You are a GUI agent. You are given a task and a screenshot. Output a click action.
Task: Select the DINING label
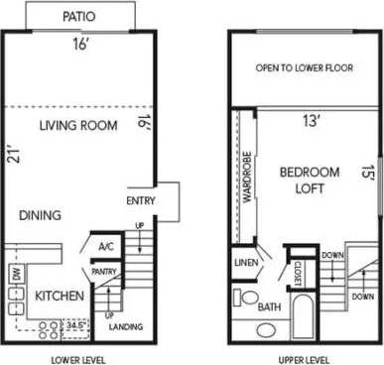(39, 215)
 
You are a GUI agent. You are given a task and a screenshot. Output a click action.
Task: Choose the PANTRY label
(104, 271)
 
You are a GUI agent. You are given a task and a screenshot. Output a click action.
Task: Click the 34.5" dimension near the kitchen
(74, 323)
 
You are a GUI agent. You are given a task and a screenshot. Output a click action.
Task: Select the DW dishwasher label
(16, 274)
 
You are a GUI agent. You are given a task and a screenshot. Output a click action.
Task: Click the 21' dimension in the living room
(12, 153)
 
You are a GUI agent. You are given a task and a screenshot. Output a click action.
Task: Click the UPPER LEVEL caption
(304, 358)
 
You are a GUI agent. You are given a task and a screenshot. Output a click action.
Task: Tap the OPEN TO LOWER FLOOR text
(305, 68)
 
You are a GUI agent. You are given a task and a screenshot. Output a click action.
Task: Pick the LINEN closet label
(246, 262)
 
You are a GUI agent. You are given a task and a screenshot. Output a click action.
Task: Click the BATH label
(268, 307)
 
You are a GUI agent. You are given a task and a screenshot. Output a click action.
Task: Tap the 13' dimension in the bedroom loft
(311, 122)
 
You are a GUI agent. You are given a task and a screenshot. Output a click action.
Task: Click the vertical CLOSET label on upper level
(297, 273)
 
